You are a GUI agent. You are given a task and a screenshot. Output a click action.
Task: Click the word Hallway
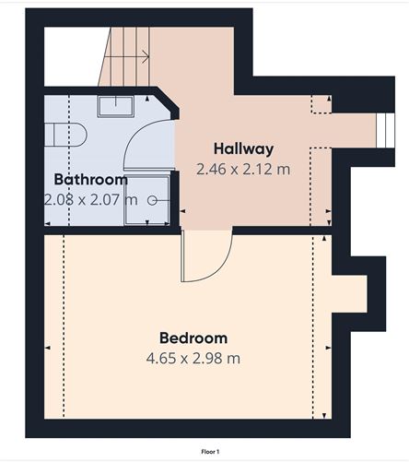[243, 148]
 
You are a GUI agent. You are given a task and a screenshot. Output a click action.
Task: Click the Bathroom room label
[89, 179]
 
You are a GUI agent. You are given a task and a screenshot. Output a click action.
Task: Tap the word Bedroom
[193, 338]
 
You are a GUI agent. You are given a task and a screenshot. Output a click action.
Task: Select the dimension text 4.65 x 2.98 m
[193, 358]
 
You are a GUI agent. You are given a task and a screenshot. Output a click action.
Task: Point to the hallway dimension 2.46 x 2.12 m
[243, 169]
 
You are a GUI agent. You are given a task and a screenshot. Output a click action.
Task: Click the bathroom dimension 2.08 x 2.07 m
[89, 198]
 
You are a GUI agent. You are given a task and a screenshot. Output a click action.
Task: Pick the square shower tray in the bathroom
[148, 199]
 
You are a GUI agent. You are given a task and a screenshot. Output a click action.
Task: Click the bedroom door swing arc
[206, 258]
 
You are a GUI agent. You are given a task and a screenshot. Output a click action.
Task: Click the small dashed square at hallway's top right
[321, 102]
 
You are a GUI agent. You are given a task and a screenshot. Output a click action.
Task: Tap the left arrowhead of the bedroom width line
[48, 347]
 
